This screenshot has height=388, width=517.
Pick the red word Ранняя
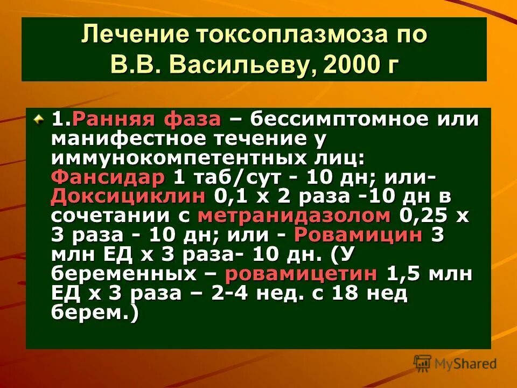point(110,119)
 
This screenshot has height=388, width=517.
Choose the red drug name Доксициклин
point(128,196)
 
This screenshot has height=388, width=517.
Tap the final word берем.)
point(95,312)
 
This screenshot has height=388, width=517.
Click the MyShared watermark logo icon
point(423,363)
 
